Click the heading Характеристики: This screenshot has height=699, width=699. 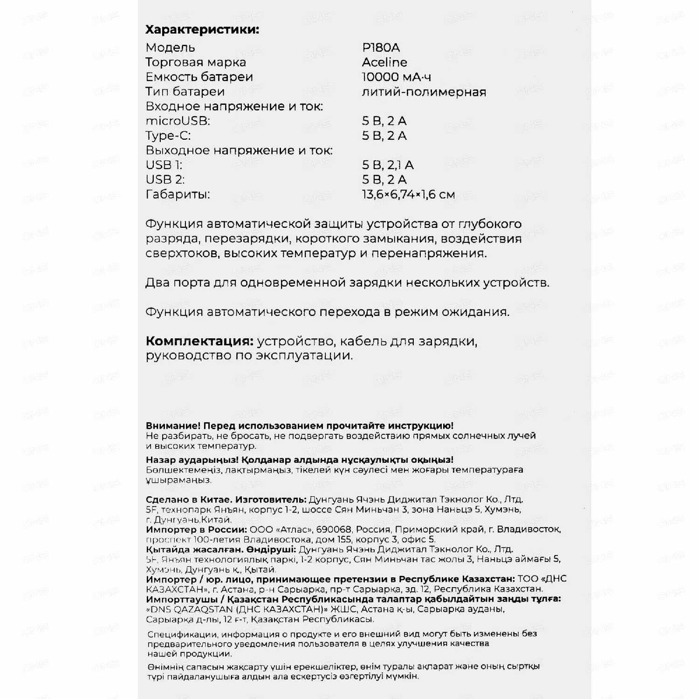(x=202, y=30)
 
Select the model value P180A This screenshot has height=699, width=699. (x=381, y=48)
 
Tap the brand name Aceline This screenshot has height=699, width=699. (x=384, y=62)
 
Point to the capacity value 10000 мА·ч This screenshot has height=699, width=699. (x=396, y=77)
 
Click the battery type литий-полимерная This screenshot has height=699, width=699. (x=424, y=92)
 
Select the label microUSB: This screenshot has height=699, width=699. (x=178, y=121)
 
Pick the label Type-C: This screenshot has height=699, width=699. (x=168, y=136)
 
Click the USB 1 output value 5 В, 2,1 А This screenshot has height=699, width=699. (x=388, y=165)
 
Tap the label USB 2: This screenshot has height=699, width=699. (x=165, y=179)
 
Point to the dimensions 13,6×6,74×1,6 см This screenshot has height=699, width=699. (x=408, y=194)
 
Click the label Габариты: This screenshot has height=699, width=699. (x=178, y=194)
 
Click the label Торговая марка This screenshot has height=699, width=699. (x=196, y=62)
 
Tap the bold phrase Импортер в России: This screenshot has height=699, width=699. (x=196, y=529)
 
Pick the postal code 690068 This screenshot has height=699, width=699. (x=333, y=529)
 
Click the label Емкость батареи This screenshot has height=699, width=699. (x=199, y=77)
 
